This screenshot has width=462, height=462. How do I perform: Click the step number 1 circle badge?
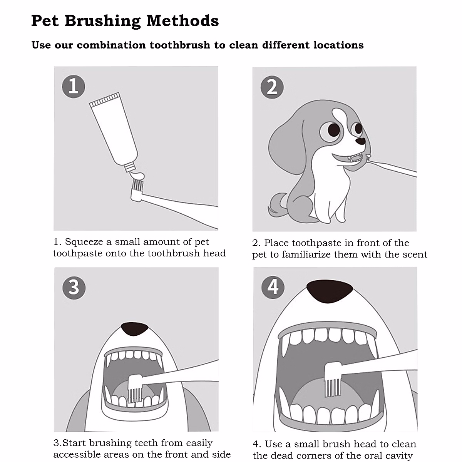(74, 86)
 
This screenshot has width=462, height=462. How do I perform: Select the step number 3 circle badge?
(74, 288)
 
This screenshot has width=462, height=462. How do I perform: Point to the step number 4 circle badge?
(273, 287)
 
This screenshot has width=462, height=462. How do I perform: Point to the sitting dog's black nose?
(360, 141)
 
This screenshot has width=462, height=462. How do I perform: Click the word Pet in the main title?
(45, 21)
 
